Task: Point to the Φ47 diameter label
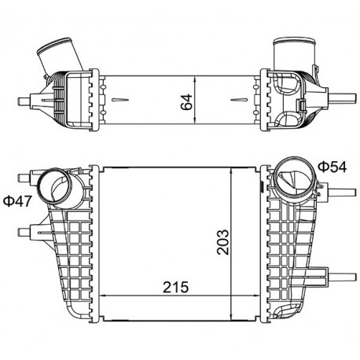(x=17, y=201)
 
